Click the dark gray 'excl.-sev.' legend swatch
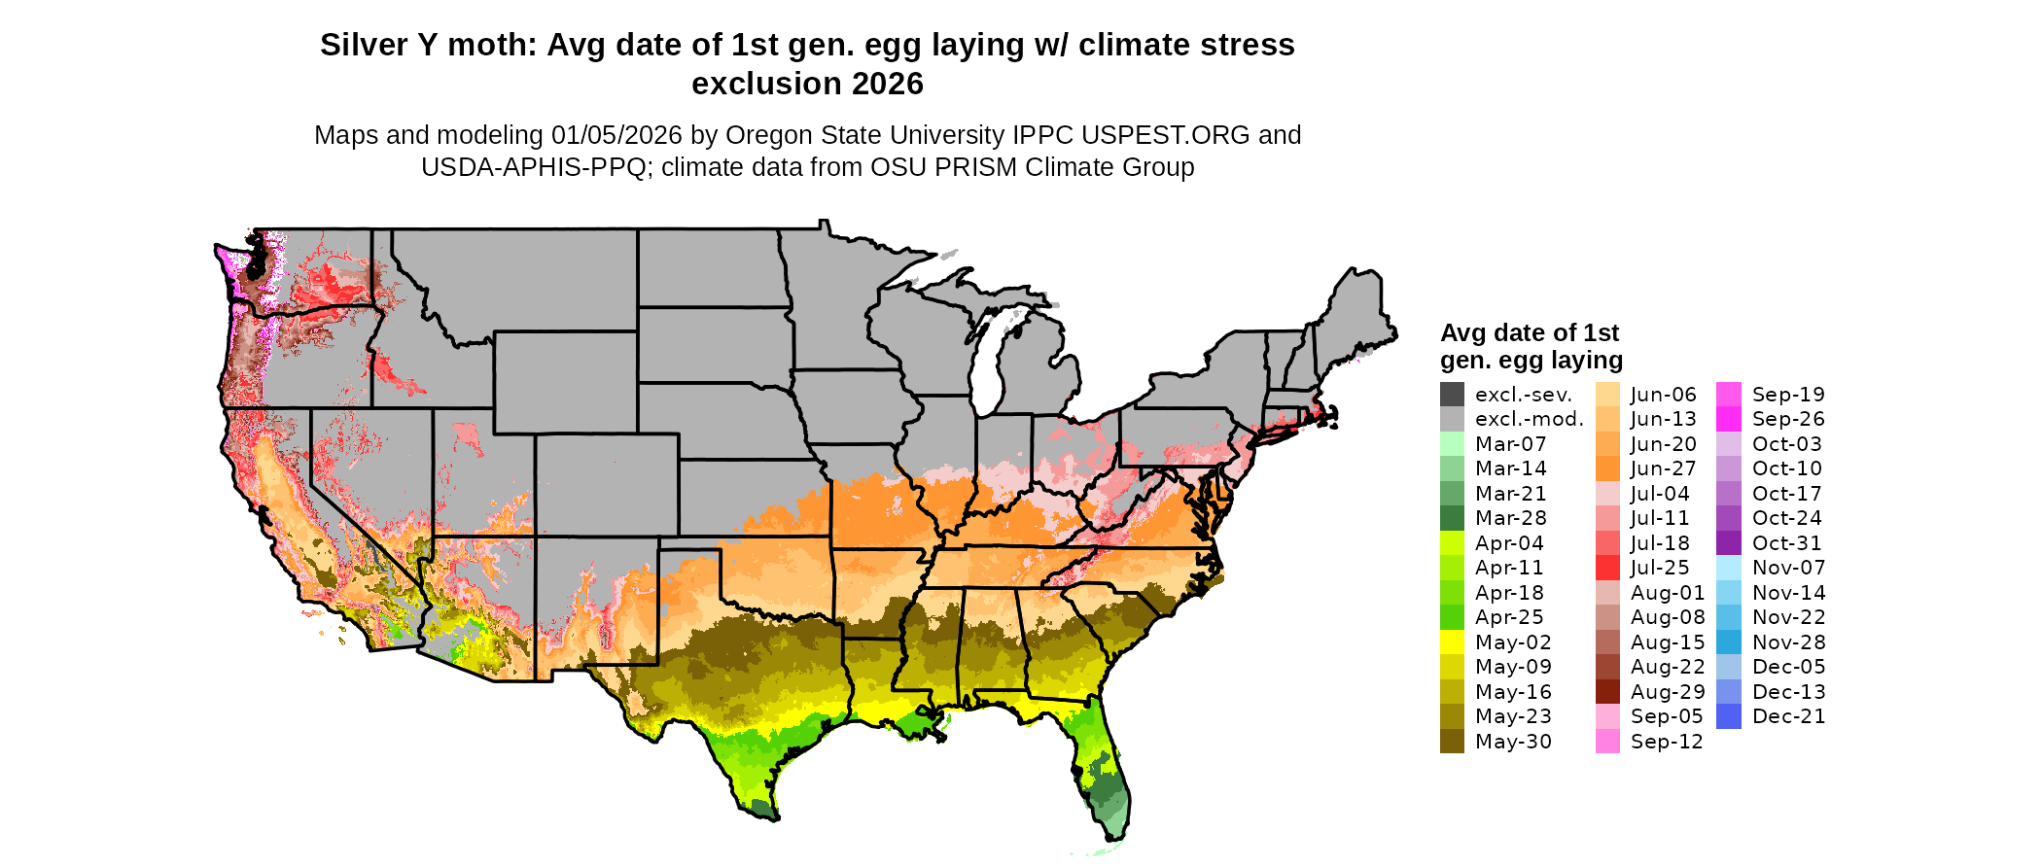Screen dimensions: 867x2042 1452,395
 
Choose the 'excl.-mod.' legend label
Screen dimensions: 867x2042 1529,419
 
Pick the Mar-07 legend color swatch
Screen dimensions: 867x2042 1452,444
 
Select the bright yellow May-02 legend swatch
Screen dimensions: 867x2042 1452,642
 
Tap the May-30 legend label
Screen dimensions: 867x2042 1513,742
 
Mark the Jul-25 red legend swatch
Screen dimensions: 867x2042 1607,568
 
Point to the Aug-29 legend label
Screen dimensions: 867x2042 1667,692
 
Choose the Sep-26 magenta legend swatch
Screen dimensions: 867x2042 1729,419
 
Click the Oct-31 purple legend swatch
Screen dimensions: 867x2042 1729,543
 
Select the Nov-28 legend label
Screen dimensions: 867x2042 1788,642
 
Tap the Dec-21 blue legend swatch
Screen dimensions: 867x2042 1729,716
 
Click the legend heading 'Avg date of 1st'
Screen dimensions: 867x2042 1529,333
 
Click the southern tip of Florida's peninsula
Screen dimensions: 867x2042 1117,834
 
